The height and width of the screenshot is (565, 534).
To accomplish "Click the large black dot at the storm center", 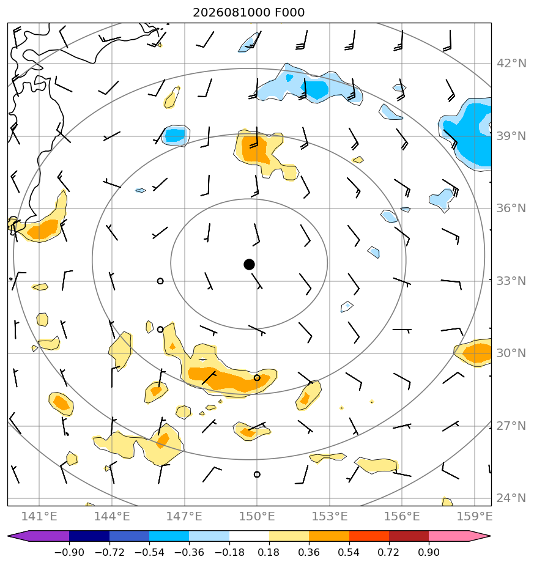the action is point(249,265).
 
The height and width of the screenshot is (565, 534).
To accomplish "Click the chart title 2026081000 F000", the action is point(249,13).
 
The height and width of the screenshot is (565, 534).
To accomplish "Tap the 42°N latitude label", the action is point(511,64).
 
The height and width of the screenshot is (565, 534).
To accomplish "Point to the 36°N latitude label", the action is point(511,209).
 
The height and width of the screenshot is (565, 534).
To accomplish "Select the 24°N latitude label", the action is point(511,498).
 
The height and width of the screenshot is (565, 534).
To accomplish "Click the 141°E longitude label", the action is point(39,516).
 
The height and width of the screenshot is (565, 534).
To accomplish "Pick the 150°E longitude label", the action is point(257,516).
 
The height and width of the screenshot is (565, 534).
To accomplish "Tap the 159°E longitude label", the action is point(475,516).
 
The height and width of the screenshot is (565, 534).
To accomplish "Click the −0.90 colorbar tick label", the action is point(69,552).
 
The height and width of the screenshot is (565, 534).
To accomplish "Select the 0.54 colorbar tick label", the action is point(349,552).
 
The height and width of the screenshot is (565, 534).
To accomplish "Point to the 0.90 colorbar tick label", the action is point(429,552).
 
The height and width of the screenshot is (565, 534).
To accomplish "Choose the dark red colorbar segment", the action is point(409,536).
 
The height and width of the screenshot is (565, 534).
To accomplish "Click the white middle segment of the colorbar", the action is point(249,536).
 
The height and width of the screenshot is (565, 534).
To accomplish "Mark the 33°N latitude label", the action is point(511,281).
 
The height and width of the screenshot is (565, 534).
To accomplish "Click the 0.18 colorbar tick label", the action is point(269,552).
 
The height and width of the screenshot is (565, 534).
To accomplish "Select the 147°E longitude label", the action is point(184,516).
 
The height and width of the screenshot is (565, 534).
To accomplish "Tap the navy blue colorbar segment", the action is point(89,536).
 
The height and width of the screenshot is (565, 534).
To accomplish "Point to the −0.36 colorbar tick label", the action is point(189,552).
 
